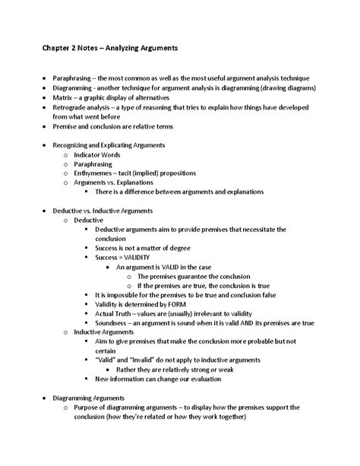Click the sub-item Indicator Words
click(97, 154)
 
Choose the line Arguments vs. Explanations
click(113, 183)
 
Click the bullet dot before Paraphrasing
click(45, 79)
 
